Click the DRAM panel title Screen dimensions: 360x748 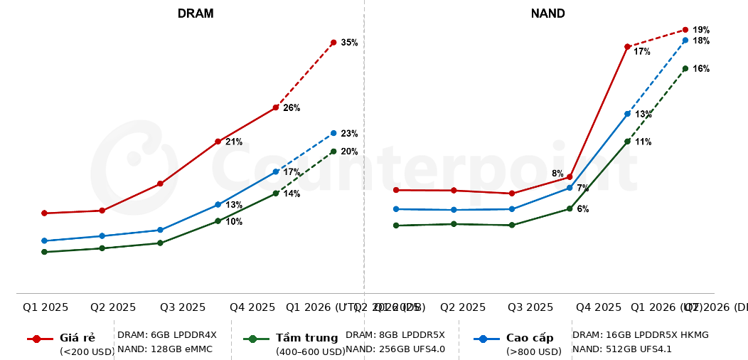[196, 14]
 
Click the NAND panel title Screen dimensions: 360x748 [547, 14]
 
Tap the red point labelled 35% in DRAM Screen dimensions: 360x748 [333, 43]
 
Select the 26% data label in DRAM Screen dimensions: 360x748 [292, 108]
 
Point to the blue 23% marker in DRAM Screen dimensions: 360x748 [333, 133]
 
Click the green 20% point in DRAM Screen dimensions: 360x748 [333, 152]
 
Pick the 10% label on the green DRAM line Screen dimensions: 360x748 [234, 222]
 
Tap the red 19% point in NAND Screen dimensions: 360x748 [685, 30]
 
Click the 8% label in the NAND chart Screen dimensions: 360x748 [557, 174]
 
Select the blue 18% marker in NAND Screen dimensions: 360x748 [685, 41]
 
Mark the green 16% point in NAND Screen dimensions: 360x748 [685, 68]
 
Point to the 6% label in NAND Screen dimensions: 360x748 [582, 209]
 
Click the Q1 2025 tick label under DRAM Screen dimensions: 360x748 [46, 307]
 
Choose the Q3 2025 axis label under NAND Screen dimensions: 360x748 [530, 307]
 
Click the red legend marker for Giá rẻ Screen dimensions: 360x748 [38, 339]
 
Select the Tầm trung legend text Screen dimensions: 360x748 [306, 338]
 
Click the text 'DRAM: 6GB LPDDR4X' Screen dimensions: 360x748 [167, 334]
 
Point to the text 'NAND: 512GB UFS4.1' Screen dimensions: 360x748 [622, 349]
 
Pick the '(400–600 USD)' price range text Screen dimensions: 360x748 [310, 351]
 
